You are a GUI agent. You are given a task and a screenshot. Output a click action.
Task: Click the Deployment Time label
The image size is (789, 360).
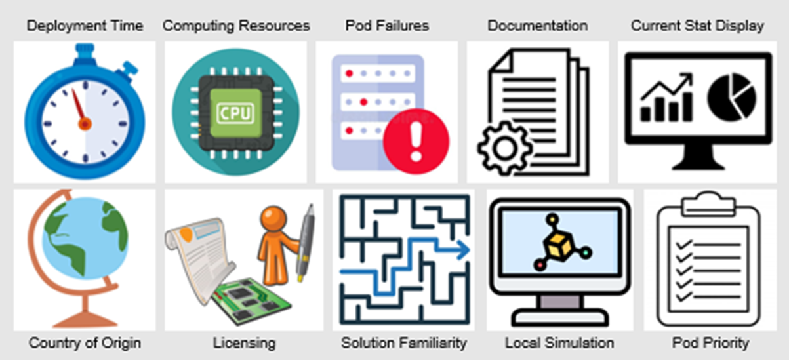pos(85,26)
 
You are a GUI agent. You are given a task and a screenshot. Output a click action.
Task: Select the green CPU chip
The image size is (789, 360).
pos(235,112)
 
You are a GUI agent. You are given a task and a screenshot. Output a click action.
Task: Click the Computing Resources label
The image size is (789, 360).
pos(236,26)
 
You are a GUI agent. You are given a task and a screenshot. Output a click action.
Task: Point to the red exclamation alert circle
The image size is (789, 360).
pos(416,141)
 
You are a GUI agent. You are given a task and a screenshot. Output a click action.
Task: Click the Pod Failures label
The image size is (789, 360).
pos(387,26)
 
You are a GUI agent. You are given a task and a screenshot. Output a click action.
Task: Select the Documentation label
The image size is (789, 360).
pos(538,26)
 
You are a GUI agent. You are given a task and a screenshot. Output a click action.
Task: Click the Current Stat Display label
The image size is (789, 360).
pos(697,26)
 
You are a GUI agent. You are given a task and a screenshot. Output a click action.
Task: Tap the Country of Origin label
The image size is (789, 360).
pos(85,343)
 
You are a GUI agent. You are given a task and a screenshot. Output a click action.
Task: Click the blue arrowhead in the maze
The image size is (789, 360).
pos(464,250)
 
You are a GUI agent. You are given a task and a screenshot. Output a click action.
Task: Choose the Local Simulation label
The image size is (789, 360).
pos(559,343)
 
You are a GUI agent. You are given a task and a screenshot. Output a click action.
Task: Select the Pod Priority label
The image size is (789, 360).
pos(710,343)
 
